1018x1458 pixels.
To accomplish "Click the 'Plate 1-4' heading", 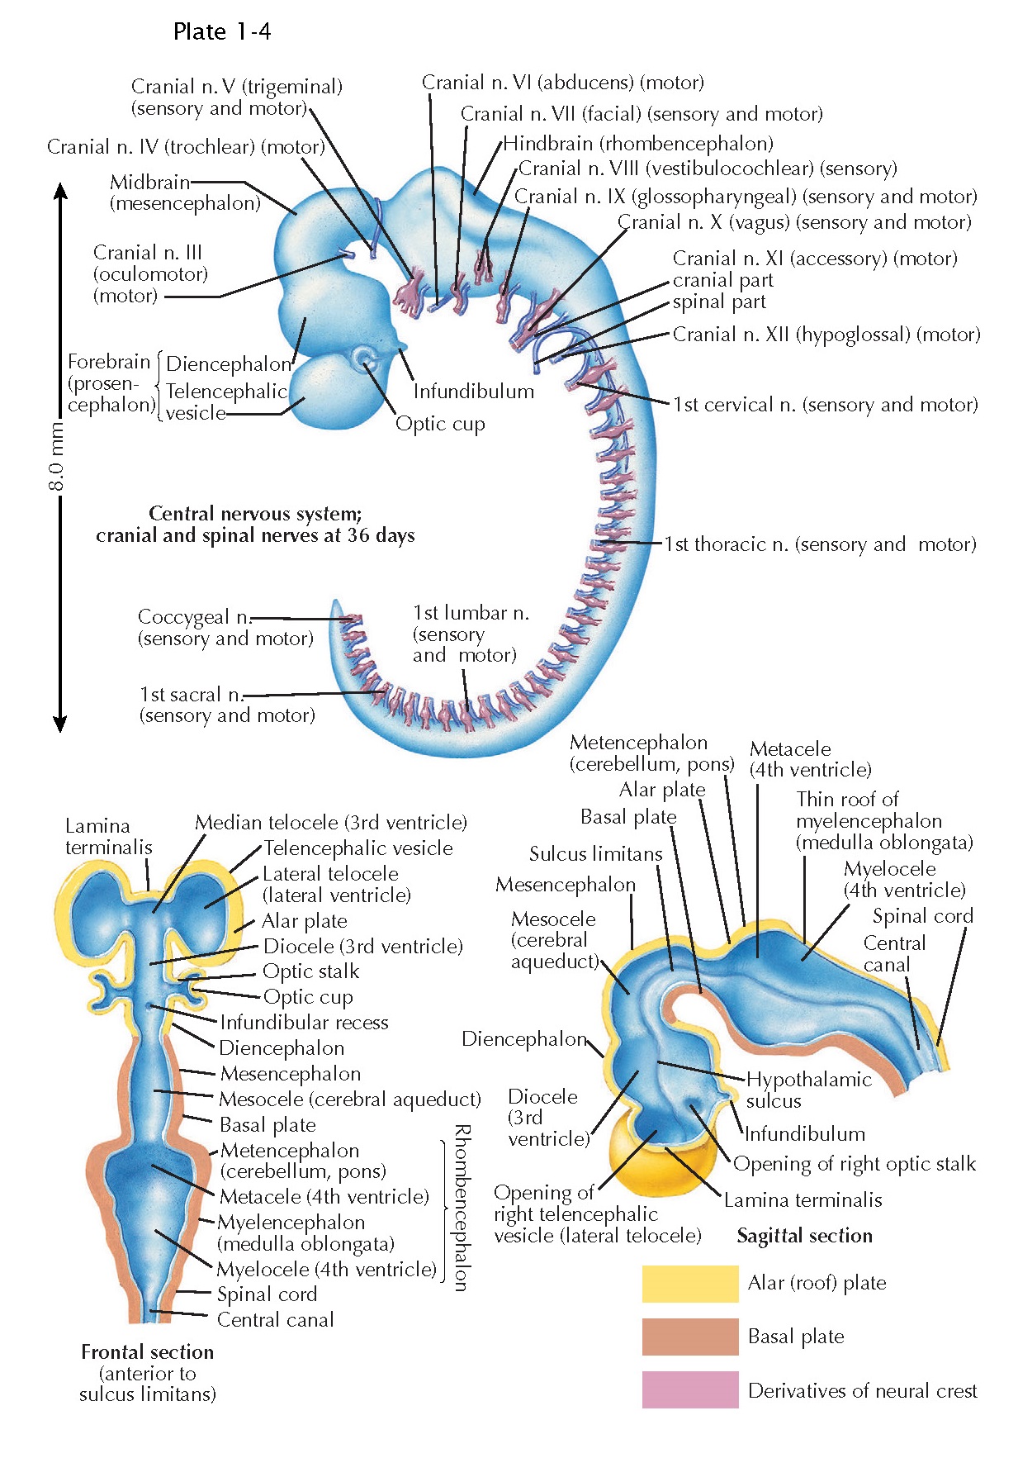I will pyautogui.click(x=221, y=31).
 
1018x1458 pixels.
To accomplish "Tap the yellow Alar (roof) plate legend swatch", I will pyautogui.click(x=689, y=1283).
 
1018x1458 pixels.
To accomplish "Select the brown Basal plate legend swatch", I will pyautogui.click(x=689, y=1337).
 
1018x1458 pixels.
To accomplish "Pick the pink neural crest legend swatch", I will pyautogui.click(x=689, y=1389).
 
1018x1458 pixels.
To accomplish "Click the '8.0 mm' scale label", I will pyautogui.click(x=56, y=456).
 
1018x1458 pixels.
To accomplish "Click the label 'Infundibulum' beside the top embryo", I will pyautogui.click(x=473, y=392).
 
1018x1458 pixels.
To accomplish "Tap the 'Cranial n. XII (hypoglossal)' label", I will pyautogui.click(x=826, y=335).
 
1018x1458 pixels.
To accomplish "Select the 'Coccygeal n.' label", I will pyautogui.click(x=195, y=617).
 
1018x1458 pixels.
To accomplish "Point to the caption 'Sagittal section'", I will pyautogui.click(x=804, y=1236).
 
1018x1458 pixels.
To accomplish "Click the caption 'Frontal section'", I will pyautogui.click(x=147, y=1352).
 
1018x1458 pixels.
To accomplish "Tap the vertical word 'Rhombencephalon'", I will pyautogui.click(x=462, y=1208).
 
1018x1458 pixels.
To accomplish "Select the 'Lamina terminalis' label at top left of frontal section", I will pyautogui.click(x=108, y=836).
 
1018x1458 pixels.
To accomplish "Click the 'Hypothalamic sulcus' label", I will pyautogui.click(x=808, y=1090).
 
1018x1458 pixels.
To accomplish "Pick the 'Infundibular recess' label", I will pyautogui.click(x=304, y=1023).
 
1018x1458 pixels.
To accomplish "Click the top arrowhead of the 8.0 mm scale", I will pyautogui.click(x=59, y=191).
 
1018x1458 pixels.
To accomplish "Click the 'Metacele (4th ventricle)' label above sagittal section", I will pyautogui.click(x=809, y=759).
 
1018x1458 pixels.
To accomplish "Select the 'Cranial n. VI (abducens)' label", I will pyautogui.click(x=562, y=83).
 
